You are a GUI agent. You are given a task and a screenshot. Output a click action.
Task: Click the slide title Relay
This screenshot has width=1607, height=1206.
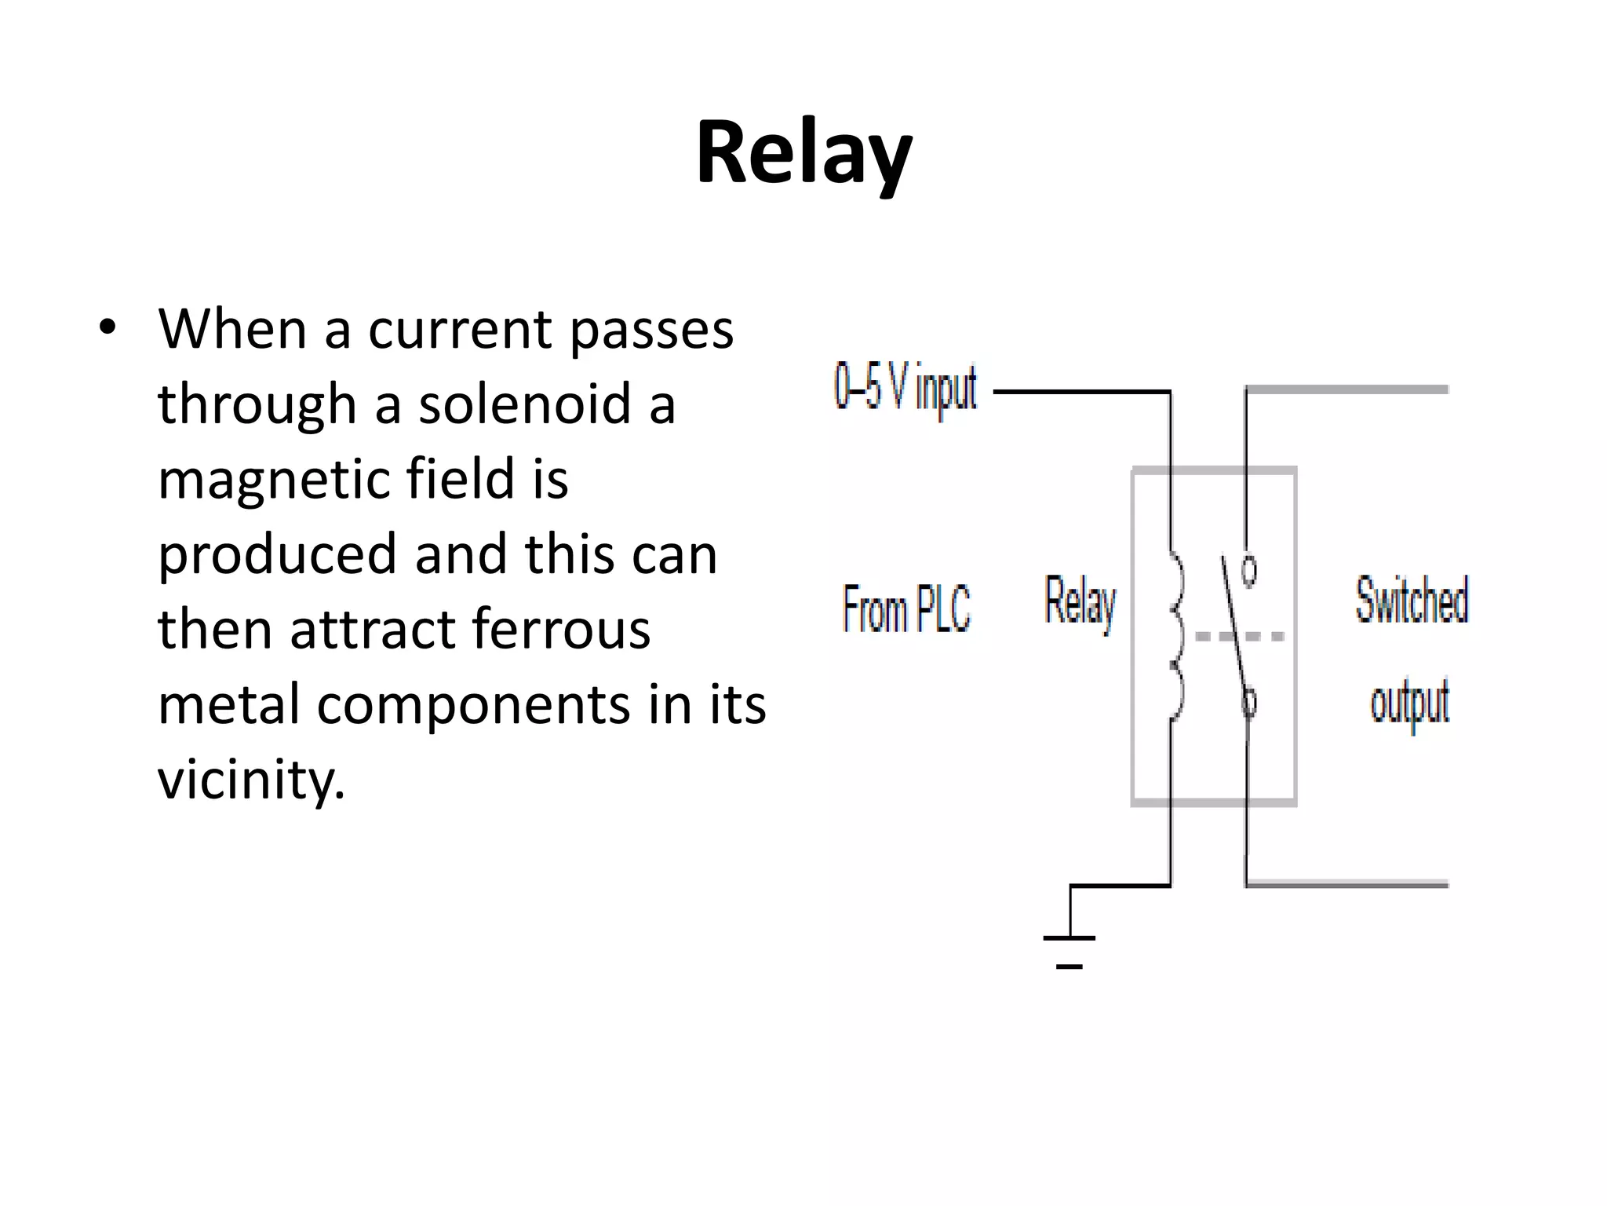click(803, 153)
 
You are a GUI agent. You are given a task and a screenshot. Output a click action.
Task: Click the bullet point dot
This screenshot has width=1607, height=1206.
click(107, 327)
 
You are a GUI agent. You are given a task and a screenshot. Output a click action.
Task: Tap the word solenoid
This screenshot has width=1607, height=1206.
click(524, 404)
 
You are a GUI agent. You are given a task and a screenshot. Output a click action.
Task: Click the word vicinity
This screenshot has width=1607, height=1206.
click(251, 780)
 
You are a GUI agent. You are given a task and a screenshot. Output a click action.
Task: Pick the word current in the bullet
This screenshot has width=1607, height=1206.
click(460, 329)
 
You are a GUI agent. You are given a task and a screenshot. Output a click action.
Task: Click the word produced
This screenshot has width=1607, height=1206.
click(277, 555)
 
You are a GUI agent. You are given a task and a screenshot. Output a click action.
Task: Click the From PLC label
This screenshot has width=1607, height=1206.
click(906, 608)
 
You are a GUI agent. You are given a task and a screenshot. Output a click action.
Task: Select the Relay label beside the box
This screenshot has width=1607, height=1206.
click(1080, 602)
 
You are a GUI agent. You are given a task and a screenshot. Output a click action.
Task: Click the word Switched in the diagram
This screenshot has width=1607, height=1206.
click(1412, 601)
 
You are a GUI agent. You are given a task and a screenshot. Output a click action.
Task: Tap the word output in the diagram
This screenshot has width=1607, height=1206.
click(1409, 703)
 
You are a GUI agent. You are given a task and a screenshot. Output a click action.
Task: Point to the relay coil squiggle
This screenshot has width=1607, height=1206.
click(1175, 636)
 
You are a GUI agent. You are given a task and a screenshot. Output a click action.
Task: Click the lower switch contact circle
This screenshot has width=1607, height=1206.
click(1249, 700)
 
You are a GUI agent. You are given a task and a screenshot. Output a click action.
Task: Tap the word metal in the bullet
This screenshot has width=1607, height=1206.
click(228, 705)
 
